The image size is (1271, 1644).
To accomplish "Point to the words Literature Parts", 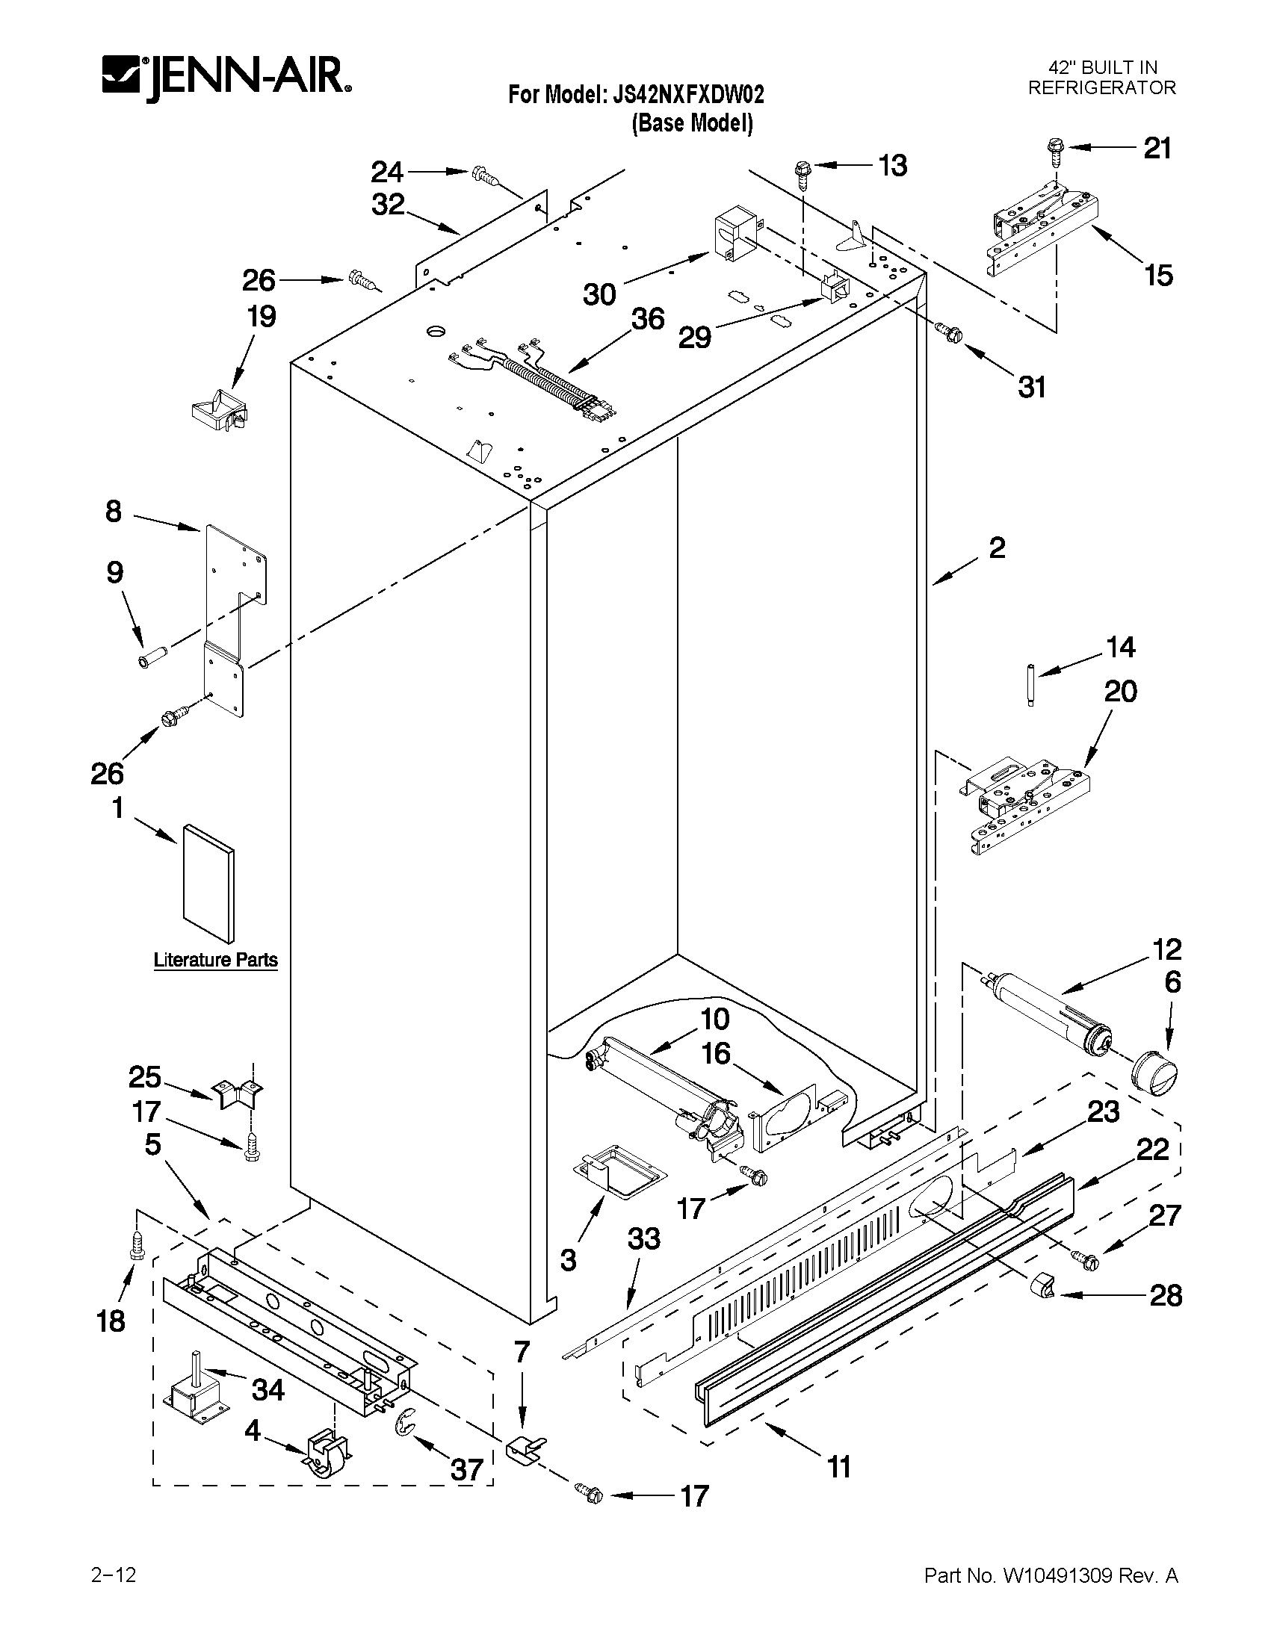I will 215,960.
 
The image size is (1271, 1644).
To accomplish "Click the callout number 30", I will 599,294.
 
